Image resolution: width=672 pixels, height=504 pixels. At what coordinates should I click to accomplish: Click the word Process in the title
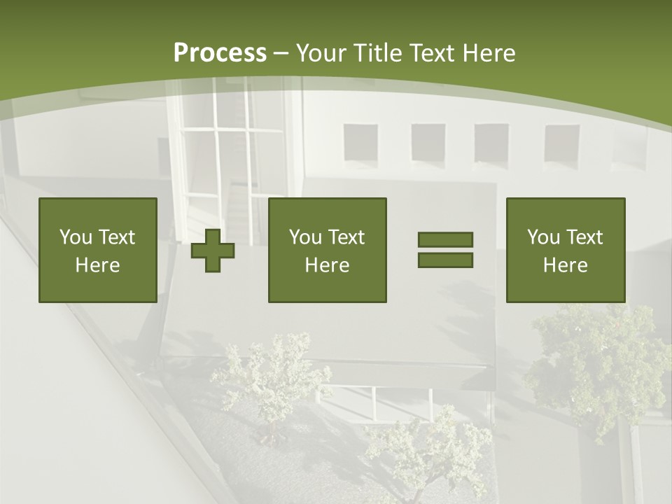coord(220,53)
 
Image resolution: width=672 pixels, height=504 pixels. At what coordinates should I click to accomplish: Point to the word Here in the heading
coord(487,53)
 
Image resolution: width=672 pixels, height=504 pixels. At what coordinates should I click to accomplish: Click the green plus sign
coord(213,251)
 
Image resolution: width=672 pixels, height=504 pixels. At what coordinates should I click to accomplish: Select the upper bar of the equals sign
coord(445,239)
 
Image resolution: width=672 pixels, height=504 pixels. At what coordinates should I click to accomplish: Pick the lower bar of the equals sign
coord(445,260)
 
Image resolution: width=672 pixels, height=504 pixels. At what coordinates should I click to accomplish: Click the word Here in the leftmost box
coord(97,265)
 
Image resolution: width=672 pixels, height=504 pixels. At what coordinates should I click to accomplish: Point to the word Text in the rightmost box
coord(585,237)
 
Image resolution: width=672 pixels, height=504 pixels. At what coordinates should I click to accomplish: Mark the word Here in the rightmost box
coord(565,265)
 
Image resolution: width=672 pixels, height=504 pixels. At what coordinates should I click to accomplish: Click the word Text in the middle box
coord(347,237)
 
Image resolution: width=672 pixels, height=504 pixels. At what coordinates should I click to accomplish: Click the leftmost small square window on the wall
coord(360,143)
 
